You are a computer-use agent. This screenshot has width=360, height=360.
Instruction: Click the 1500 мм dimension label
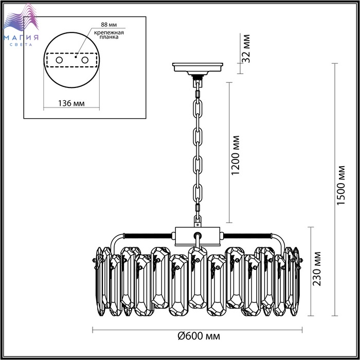point(340,185)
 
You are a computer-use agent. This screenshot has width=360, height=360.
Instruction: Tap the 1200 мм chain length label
point(235,155)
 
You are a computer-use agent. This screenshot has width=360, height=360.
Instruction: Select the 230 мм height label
point(317,269)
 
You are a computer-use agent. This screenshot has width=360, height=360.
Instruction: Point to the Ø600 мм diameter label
point(199,336)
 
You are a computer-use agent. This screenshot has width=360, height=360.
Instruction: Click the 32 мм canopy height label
point(246,48)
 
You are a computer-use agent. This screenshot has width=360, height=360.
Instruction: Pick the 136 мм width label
point(71,103)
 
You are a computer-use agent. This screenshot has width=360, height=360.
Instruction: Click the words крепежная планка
point(109,34)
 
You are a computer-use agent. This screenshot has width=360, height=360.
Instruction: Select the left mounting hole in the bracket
point(59,60)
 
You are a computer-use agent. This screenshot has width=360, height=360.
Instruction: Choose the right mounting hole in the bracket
point(85,60)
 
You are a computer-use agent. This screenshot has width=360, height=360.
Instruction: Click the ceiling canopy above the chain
point(197,69)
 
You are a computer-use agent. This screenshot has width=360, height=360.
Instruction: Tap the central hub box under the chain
point(197,236)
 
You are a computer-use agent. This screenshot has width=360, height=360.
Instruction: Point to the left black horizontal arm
point(147,236)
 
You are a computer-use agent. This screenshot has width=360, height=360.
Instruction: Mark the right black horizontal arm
point(248,236)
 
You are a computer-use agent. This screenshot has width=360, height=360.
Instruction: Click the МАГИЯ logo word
point(21,38)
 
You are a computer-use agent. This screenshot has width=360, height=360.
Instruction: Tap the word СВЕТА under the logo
point(21,45)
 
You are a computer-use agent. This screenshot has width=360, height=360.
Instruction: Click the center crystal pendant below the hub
point(197,277)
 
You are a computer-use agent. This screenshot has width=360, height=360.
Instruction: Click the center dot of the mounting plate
point(76,56)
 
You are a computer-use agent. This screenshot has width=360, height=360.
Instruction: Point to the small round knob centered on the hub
point(197,235)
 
